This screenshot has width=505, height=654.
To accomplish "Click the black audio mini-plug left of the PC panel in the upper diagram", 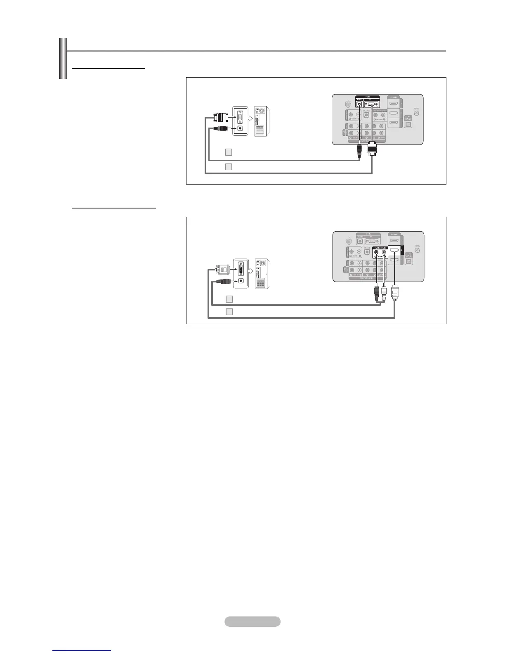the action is [x=221, y=128].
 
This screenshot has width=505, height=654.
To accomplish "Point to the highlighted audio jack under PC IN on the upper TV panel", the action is [x=359, y=104].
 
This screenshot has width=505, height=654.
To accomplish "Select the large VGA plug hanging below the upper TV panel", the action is [x=372, y=149].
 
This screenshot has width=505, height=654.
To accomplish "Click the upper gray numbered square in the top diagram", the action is [x=229, y=152].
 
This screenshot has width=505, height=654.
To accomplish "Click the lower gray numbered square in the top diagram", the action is [x=229, y=167].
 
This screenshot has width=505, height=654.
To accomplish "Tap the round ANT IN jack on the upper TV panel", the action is [x=417, y=113].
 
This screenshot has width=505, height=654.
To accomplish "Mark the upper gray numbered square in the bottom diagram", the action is [x=229, y=299].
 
